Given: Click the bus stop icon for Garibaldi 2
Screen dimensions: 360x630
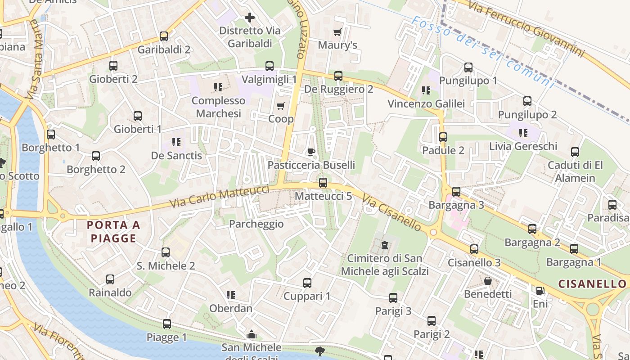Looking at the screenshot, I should tap(164, 36).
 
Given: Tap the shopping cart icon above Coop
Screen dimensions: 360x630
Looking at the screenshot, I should tap(281, 106).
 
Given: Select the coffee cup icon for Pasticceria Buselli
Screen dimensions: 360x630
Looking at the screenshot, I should tap(311, 152).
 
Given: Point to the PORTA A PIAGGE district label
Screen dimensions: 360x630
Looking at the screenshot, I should tap(113, 231).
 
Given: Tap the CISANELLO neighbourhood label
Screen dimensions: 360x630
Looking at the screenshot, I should tap(592, 284).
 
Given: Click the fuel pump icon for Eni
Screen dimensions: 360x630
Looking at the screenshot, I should tap(540, 291).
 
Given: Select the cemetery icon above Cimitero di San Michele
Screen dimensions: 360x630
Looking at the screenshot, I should tap(384, 245).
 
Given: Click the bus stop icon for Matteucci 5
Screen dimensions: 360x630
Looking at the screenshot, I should tap(323, 183).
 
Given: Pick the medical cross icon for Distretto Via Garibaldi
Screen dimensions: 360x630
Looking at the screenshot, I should tap(250, 18).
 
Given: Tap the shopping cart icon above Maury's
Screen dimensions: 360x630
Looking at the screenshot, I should tap(337, 32).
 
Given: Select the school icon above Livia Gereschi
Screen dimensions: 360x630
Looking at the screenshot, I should tap(523, 133).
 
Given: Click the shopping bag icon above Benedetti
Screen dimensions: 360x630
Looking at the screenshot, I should tap(488, 281).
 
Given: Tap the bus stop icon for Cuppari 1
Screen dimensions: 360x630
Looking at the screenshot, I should tap(307, 283).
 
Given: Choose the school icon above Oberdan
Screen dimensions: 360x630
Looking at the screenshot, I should tap(231, 295).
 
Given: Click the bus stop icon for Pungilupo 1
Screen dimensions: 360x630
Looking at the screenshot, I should tap(468, 68).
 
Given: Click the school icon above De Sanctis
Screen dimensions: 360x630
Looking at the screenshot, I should tap(176, 143).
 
